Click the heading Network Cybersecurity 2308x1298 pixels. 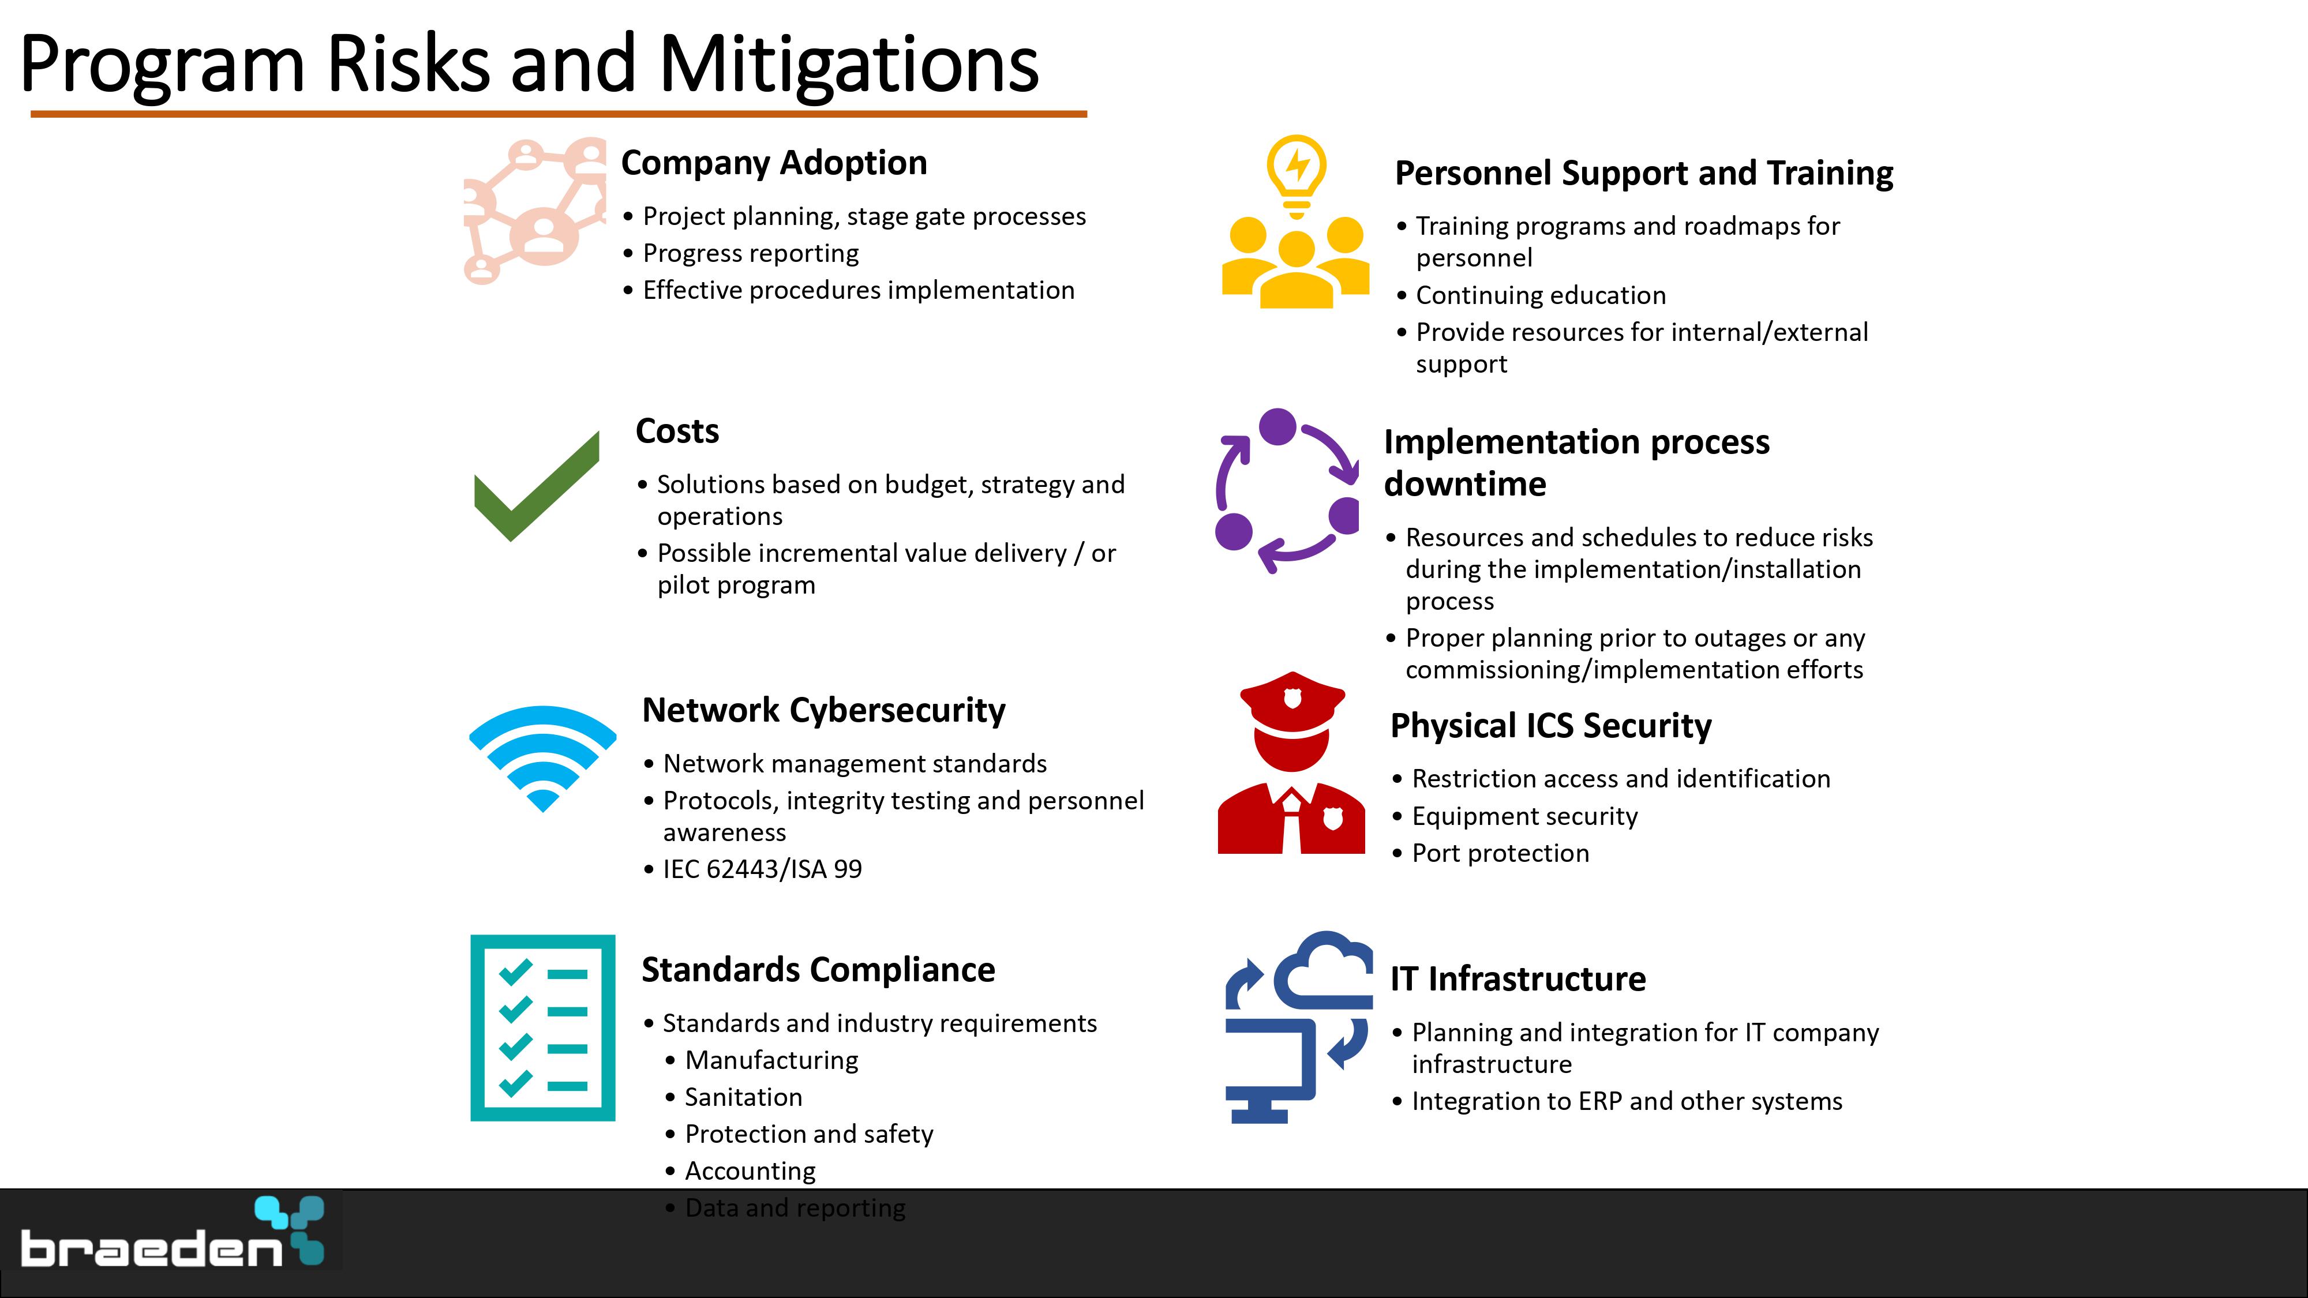coord(823,710)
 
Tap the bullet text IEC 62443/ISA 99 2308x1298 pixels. coord(762,869)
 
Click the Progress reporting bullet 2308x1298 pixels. coord(751,253)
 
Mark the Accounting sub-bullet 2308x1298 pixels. coord(750,1171)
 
